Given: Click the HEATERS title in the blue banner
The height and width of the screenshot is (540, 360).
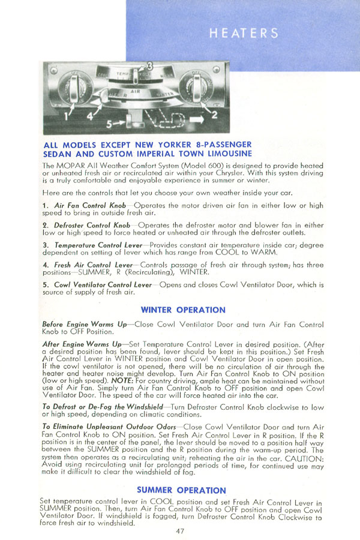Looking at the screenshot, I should pyautogui.click(x=244, y=33).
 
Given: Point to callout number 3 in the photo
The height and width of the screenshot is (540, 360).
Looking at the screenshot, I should pyautogui.click(x=150, y=65).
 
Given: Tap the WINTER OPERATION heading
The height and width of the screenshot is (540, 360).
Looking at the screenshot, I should pyautogui.click(x=182, y=310).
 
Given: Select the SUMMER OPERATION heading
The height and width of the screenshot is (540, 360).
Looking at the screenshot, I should pyautogui.click(x=182, y=490).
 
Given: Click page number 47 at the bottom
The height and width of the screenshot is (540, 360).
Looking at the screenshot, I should pyautogui.click(x=181, y=530).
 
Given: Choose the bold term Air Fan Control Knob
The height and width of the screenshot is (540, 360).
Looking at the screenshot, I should pyautogui.click(x=90, y=206).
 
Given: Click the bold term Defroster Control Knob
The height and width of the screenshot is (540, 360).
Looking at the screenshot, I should pyautogui.click(x=92, y=226).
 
